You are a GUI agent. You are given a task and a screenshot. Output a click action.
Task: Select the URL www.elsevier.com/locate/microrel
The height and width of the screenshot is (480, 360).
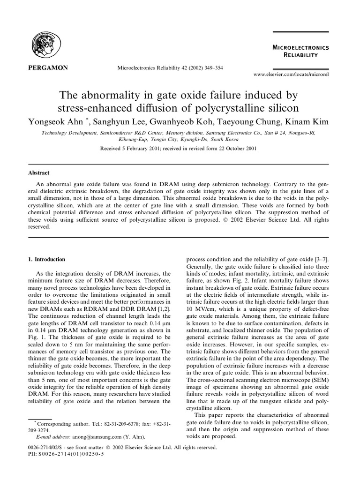291,75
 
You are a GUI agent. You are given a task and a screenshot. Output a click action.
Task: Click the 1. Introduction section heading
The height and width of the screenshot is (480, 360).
47,259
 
